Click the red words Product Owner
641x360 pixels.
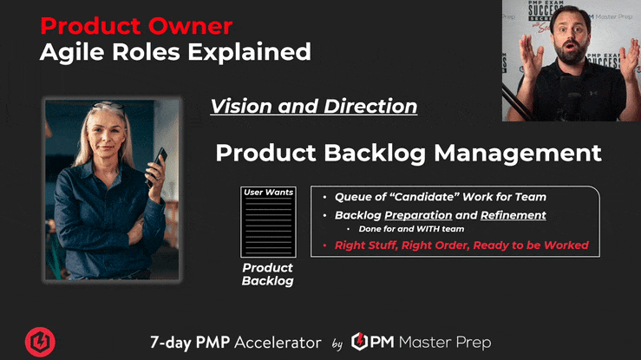click(136, 26)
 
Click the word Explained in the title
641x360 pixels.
click(249, 52)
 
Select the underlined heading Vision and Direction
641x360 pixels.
click(313, 106)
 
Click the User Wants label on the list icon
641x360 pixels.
click(268, 192)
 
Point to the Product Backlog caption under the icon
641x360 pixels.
click(268, 274)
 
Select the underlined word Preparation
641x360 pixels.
click(418, 215)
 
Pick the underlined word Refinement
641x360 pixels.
click(513, 215)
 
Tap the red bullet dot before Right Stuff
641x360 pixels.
click(325, 245)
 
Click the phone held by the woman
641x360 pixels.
click(157, 166)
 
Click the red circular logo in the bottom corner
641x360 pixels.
click(40, 342)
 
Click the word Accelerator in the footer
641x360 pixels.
click(278, 343)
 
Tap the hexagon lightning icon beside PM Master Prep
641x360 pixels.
click(359, 342)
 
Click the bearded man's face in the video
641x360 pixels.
click(571, 36)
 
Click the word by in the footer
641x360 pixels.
click(337, 344)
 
